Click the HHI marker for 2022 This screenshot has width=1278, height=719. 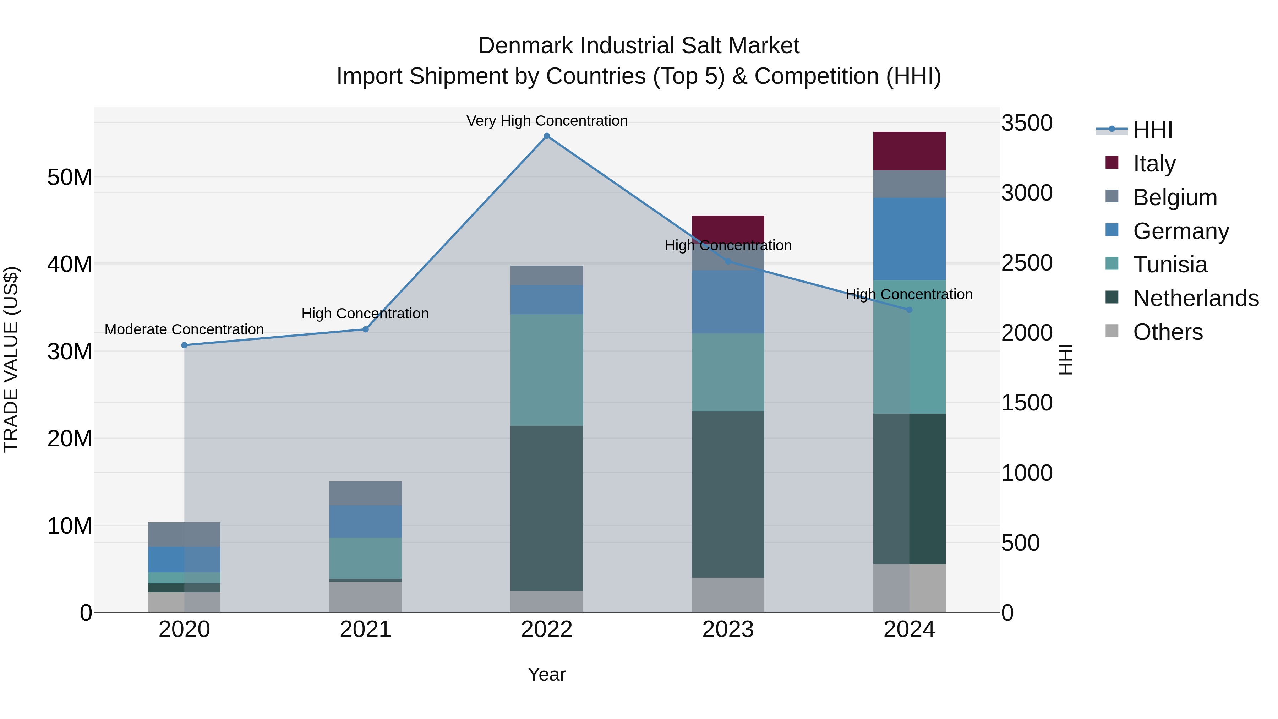[547, 136]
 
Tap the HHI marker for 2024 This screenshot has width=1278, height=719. [910, 310]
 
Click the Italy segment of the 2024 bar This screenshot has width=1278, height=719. [910, 151]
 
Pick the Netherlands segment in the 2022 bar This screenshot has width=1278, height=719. [547, 508]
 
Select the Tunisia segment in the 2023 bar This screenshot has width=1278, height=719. [728, 372]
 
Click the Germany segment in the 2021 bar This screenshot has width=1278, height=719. [366, 522]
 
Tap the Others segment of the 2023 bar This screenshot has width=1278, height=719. [728, 595]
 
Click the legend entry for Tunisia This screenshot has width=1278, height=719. [1170, 265]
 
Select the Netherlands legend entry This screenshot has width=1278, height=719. [1196, 298]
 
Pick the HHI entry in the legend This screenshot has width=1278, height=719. [1152, 130]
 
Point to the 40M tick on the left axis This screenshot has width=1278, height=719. [70, 264]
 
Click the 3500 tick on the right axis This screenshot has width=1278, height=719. [1026, 123]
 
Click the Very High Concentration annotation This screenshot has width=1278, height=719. [547, 121]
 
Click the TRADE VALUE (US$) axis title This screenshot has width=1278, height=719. [11, 359]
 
